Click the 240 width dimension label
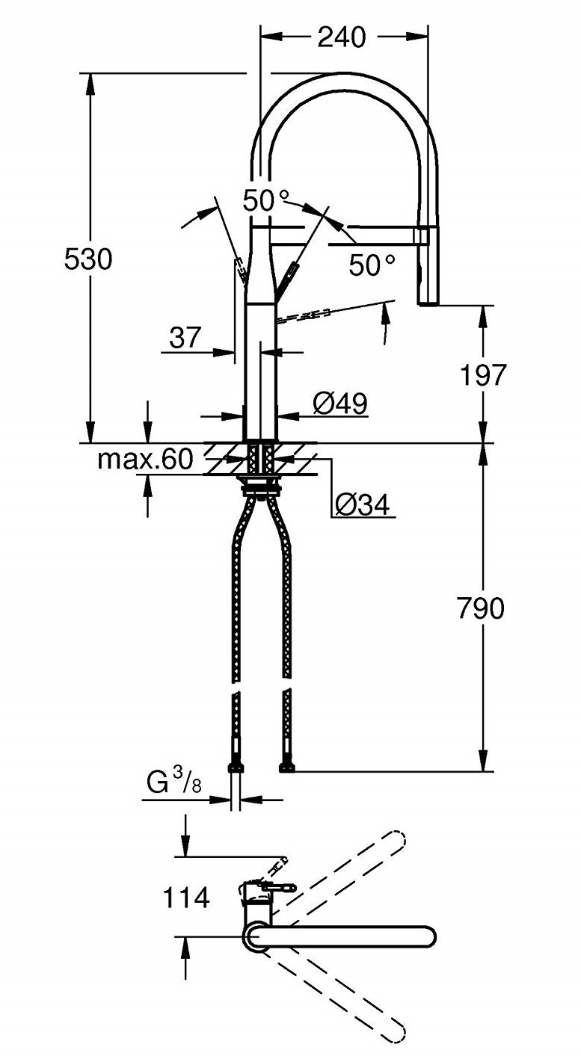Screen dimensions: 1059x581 pos(342,37)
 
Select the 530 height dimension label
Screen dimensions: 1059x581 pos(87,259)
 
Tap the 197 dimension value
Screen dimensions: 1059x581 pos(483,374)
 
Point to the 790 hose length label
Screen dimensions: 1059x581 pos(480,609)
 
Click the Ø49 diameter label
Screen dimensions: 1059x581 pos(339,404)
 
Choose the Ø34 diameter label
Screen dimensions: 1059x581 pos(362,506)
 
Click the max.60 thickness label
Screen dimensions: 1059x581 pos(145,458)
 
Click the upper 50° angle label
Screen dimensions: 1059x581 pos(266,200)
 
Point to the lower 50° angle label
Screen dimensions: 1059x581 pos(372,264)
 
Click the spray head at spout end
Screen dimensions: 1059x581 pos(428,269)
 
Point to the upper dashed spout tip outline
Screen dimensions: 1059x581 pos(395,840)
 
